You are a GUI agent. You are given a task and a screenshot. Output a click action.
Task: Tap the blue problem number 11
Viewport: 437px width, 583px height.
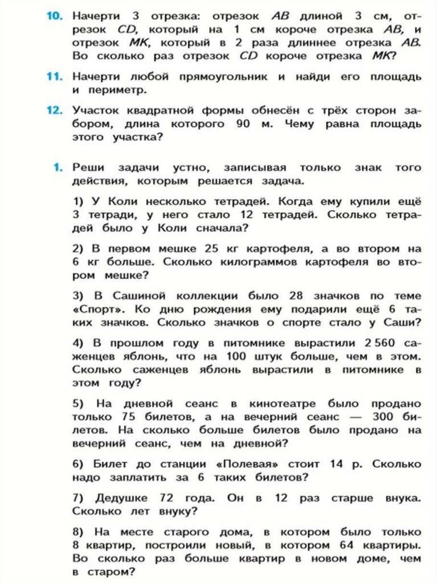tap(54, 76)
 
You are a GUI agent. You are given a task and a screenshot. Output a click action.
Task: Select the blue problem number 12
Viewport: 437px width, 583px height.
tap(54, 110)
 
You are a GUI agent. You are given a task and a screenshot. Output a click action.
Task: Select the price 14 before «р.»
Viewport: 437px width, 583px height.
tap(339, 465)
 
